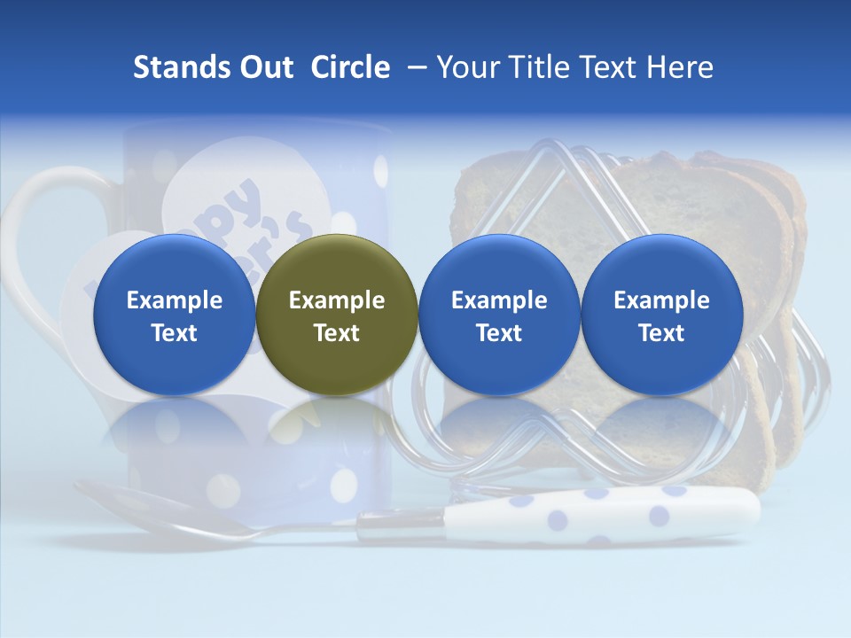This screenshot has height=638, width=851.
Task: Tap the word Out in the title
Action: pos(264,67)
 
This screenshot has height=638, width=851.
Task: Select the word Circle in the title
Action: pos(350,67)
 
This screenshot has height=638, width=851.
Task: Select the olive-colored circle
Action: pos(337,315)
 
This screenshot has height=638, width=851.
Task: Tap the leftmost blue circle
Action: pos(175,315)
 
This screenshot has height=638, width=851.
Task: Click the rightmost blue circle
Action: pos(662,315)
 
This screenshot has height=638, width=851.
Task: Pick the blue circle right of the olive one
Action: pos(499,315)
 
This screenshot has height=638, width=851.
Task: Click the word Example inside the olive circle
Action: pos(337,300)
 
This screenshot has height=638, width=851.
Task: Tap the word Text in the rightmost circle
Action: pos(662,333)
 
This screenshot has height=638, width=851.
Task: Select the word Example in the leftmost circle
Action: pos(175,300)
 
